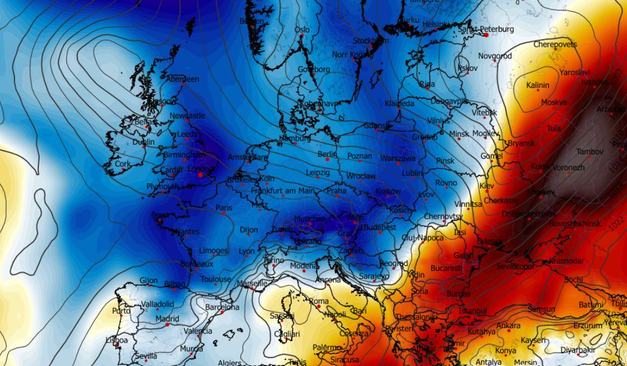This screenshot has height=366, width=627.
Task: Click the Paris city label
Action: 224,208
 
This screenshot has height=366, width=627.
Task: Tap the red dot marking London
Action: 200,175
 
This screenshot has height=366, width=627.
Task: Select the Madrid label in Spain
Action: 167,319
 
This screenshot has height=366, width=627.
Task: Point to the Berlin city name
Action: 327,154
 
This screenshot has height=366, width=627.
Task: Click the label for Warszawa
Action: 398,159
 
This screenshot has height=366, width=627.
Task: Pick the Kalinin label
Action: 538,85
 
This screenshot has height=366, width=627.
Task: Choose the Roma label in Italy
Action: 319,301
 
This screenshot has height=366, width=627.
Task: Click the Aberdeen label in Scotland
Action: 183,79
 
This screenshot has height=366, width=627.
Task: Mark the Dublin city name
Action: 144,142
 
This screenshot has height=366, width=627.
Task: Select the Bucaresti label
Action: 446,268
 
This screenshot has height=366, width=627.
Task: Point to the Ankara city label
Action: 508,325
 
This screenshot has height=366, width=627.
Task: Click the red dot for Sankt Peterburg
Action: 486,34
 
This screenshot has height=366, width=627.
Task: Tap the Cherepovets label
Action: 555,44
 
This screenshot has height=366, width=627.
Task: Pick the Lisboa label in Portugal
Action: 116,340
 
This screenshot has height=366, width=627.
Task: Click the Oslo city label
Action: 302,30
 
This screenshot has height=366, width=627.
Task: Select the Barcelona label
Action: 222,307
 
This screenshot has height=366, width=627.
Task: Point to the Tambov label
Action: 590,151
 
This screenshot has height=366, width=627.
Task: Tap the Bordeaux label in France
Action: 197,264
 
